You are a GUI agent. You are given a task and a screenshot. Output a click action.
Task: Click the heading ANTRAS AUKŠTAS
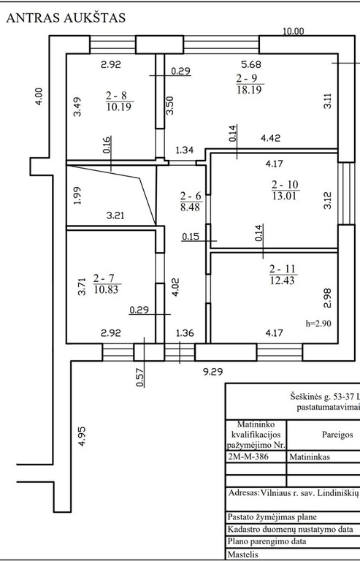click(x=66, y=18)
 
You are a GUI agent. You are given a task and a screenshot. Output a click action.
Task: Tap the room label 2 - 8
click(x=116, y=96)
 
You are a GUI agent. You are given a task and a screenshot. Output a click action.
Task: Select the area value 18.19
click(x=249, y=89)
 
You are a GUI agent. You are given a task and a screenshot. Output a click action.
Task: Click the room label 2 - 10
click(x=285, y=185)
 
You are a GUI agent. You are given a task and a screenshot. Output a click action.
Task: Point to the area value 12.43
click(x=282, y=280)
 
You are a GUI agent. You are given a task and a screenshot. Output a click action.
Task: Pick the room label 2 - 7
click(x=104, y=278)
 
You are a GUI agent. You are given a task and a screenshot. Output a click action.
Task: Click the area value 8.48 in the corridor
click(x=190, y=207)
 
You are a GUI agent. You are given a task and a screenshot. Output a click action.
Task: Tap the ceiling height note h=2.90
click(x=318, y=324)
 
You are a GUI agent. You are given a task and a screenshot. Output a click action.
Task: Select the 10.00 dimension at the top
click(x=293, y=31)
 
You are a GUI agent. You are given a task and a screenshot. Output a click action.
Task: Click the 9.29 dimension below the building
click(x=213, y=372)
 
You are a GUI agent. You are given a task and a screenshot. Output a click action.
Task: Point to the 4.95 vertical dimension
click(x=83, y=436)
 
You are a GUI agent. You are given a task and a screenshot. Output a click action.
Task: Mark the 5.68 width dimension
click(x=251, y=64)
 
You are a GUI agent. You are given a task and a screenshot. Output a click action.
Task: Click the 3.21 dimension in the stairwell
click(x=116, y=215)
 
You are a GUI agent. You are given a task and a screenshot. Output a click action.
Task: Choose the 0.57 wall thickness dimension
click(x=140, y=378)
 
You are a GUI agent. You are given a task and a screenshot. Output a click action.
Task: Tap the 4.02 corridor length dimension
click(x=177, y=287)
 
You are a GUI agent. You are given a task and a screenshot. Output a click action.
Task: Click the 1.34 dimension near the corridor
click(x=185, y=150)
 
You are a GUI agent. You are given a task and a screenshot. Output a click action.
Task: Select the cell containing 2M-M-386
click(x=256, y=457)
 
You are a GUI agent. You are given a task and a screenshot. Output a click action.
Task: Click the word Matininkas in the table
click(x=310, y=457)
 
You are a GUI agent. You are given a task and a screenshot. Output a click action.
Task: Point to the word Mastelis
click(x=242, y=554)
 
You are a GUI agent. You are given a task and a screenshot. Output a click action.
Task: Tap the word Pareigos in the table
click(x=337, y=435)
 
